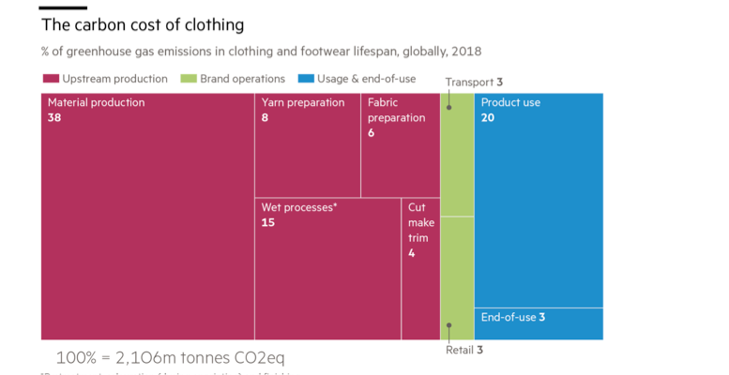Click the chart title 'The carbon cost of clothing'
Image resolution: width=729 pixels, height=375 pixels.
tap(143, 24)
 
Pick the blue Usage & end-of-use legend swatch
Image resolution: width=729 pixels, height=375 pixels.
tap(305, 80)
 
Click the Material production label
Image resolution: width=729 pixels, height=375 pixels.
tap(96, 103)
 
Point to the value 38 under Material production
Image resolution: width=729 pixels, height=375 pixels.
tap(54, 118)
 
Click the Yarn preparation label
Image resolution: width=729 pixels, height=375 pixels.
tap(303, 103)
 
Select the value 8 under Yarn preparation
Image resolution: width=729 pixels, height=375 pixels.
tap(266, 118)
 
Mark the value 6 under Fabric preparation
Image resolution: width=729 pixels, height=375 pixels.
tap(372, 133)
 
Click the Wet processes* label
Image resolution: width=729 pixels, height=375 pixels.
tap(298, 207)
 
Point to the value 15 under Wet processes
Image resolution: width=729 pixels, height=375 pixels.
tap(268, 223)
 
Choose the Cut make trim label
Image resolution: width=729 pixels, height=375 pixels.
tap(418, 222)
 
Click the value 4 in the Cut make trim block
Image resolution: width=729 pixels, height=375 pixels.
tap(412, 253)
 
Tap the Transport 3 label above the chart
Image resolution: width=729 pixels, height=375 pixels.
tap(475, 82)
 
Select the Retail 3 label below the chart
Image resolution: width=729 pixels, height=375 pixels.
tap(463, 351)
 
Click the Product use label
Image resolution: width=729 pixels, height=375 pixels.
tap(510, 103)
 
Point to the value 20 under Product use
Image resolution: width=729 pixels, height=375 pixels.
tap(488, 118)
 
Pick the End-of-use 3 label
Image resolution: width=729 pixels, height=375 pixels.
tap(512, 318)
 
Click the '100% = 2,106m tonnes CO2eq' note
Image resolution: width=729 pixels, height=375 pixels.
tap(170, 357)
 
